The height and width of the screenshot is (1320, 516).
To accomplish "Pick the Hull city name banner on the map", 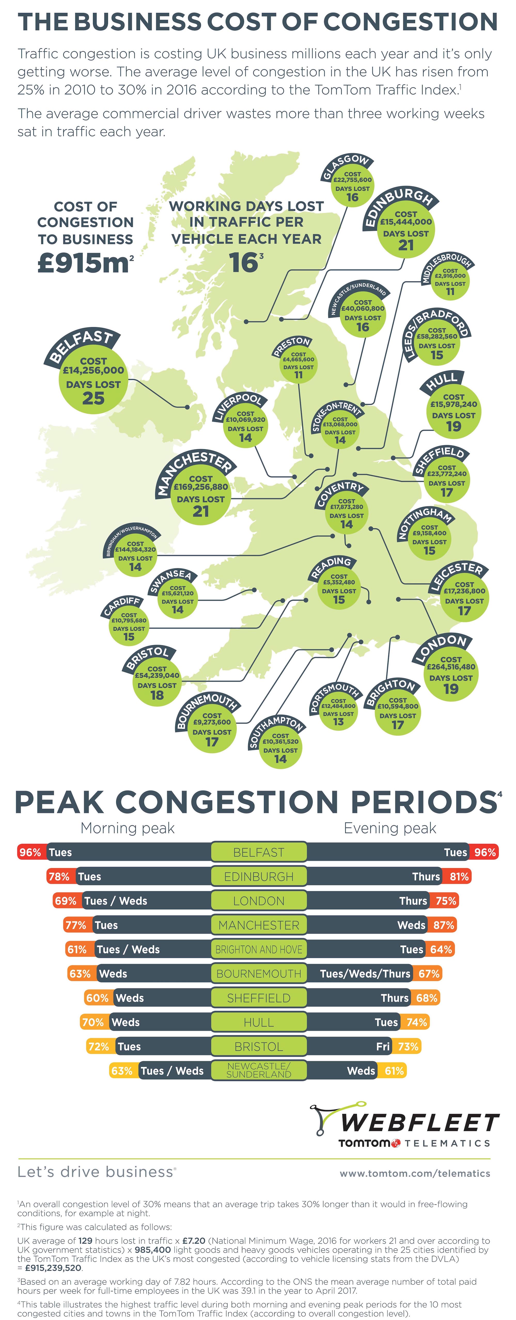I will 441,382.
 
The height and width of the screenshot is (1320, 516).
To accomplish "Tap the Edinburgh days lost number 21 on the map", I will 405,245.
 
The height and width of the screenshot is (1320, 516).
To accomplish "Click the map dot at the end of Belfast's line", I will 187,407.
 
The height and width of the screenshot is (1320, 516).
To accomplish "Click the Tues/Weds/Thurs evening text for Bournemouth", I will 365,974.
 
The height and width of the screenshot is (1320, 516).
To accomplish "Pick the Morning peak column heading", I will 128,828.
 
